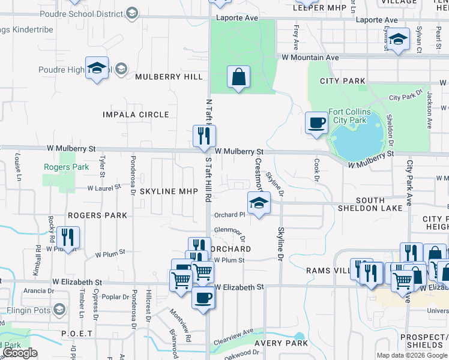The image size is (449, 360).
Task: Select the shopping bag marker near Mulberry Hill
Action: (238, 77)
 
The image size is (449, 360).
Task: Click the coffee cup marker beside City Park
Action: (317, 123)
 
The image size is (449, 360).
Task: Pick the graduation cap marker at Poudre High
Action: (96, 68)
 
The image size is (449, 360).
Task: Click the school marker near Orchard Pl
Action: (259, 203)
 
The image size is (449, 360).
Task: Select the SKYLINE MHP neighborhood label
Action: (169, 191)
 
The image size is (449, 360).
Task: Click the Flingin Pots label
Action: (29, 310)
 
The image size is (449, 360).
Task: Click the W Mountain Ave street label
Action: (310, 58)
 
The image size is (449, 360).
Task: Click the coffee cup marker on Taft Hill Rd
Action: (202, 298)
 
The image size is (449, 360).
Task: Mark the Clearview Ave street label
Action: (238, 334)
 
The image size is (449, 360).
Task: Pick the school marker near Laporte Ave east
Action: (398, 39)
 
